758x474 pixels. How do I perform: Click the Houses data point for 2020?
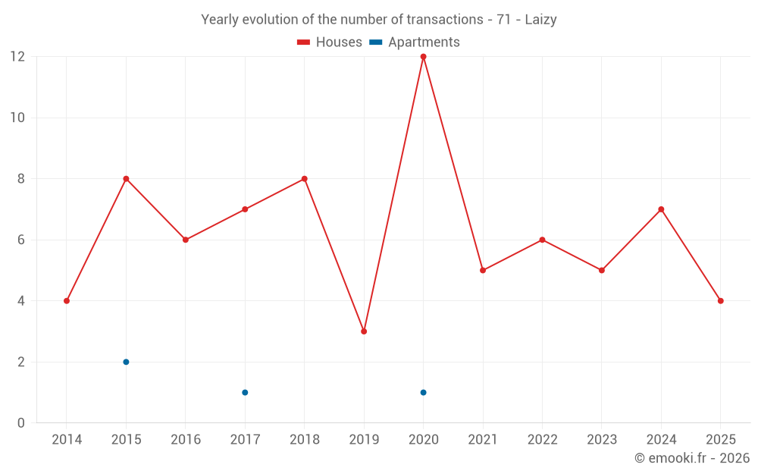click(423, 57)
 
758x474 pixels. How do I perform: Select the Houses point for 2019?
click(364, 331)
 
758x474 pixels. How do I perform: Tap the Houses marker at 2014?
click(67, 301)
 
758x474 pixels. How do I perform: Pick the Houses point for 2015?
click(126, 179)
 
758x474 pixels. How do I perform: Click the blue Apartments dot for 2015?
click(126, 362)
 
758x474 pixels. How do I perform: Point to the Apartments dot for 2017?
click(245, 392)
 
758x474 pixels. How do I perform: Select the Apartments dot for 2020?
click(423, 392)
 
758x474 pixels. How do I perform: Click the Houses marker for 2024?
click(661, 209)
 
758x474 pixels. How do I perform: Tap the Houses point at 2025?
click(720, 301)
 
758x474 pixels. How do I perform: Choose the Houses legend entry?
click(330, 42)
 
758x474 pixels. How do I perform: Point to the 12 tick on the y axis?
click(17, 57)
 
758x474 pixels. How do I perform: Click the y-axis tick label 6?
click(21, 240)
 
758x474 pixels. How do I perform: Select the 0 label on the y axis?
click(21, 422)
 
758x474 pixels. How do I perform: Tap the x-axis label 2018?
click(304, 440)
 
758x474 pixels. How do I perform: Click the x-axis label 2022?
click(542, 440)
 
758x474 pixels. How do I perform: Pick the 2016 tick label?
click(185, 440)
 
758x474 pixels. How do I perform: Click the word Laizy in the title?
click(541, 20)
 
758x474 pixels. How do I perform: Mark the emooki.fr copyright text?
click(692, 458)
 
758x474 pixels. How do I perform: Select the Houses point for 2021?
click(483, 270)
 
